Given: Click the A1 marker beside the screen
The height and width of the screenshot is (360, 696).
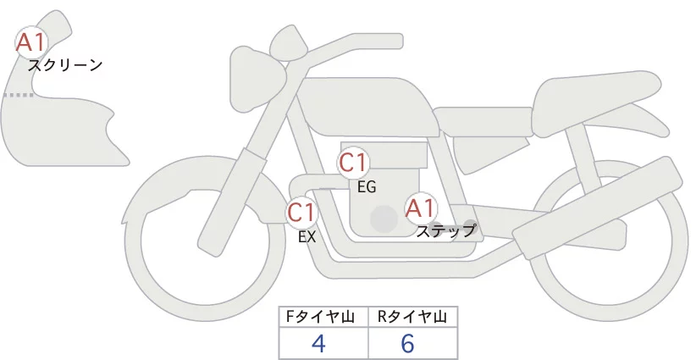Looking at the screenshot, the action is (x=31, y=42).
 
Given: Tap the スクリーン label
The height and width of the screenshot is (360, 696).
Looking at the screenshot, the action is (x=65, y=65).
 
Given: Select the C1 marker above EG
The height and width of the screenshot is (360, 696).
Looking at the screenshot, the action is (x=353, y=163).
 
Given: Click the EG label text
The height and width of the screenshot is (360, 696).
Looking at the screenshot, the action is (x=367, y=187).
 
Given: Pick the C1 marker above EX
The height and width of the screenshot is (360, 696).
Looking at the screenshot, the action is (x=301, y=212).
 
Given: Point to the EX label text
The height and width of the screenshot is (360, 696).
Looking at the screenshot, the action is (x=307, y=237).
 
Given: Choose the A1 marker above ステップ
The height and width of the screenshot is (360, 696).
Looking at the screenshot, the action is (x=421, y=208).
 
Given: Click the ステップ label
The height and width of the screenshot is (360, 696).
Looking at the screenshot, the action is (x=445, y=231).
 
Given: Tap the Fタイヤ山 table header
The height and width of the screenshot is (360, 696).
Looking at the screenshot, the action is (x=320, y=317).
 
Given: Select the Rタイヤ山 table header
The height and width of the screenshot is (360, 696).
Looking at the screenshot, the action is (x=412, y=317).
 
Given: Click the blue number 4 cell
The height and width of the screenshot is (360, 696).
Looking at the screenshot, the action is (x=318, y=343).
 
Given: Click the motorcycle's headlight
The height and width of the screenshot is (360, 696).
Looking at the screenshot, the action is (x=257, y=79).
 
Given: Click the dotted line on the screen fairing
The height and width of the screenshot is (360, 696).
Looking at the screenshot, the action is (x=18, y=95).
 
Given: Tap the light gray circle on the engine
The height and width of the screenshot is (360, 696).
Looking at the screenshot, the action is (x=384, y=219).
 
